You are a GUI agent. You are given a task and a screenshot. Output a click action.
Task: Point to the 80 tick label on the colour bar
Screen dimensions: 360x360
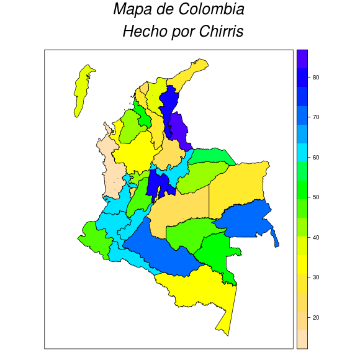[315, 78]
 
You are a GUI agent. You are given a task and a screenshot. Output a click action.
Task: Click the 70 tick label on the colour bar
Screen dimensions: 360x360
[315, 117]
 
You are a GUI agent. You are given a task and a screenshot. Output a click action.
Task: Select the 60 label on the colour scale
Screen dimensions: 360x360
[315, 158]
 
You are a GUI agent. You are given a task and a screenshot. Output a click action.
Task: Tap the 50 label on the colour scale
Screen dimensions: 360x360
[315, 197]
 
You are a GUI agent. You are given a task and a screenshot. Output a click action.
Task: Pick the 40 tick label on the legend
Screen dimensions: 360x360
[315, 237]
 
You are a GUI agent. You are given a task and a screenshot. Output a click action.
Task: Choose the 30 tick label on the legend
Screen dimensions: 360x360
[315, 277]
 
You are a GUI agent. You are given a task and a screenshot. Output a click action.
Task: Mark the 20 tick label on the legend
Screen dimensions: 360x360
[315, 317]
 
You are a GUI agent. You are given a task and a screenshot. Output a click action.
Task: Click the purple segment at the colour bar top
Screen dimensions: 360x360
[302, 58]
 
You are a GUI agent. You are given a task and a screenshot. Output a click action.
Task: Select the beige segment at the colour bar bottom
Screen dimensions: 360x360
[302, 339]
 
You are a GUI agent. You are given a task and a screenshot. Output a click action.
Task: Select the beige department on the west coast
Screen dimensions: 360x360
[112, 161]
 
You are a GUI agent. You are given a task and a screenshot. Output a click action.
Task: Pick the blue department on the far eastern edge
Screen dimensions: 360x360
[245, 220]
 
